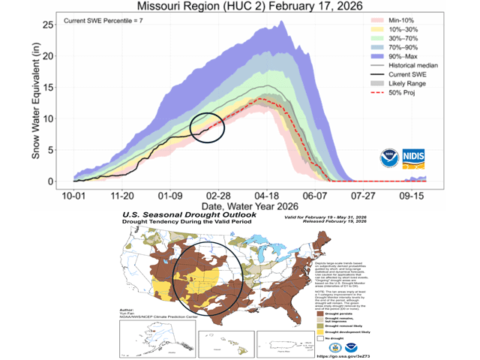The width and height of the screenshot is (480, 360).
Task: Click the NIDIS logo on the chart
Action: click(416, 157)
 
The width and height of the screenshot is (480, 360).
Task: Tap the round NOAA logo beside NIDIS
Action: click(387, 157)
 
